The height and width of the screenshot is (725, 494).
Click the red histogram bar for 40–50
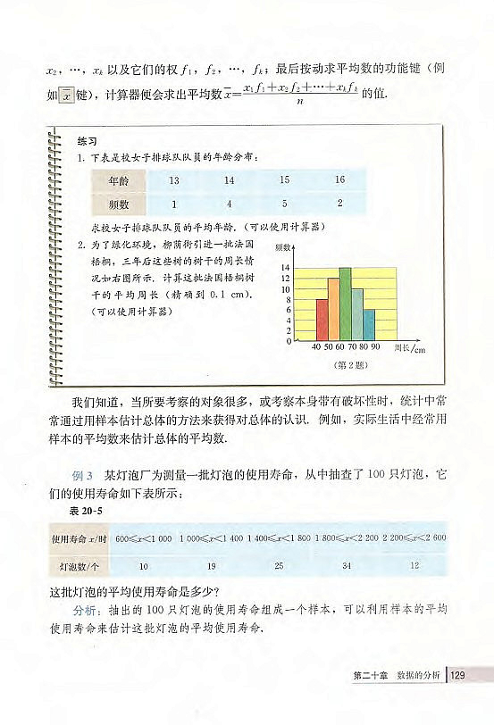pyautogui.click(x=322, y=320)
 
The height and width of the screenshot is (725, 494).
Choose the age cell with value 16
pyautogui.click(x=339, y=180)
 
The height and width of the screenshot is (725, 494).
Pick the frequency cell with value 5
pyautogui.click(x=285, y=204)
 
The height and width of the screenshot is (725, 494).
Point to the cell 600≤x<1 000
pyautogui.click(x=144, y=537)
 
